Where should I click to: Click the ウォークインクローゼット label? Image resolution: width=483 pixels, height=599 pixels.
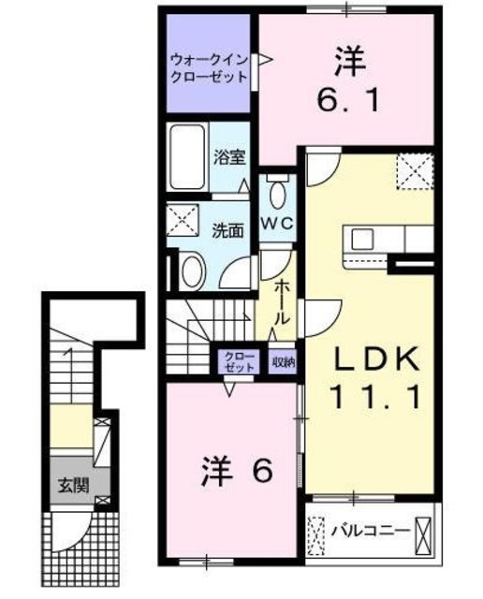tap(209, 70)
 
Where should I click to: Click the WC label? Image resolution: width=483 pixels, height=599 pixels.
tap(277, 223)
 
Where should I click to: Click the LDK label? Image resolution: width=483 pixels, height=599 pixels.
tap(369, 358)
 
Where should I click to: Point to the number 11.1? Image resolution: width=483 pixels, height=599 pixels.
tap(369, 400)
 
